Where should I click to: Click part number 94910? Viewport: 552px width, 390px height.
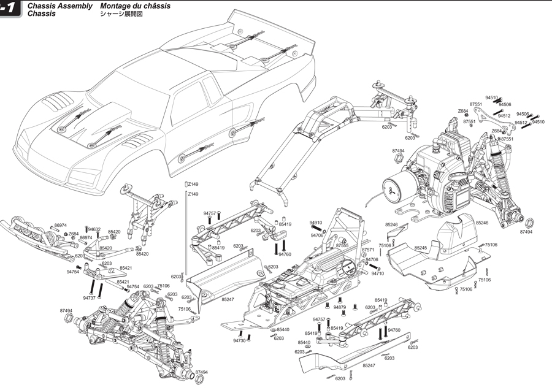click(x=316, y=223)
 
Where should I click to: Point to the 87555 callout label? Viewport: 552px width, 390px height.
click(x=342, y=245)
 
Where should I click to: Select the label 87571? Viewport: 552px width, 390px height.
click(x=368, y=250)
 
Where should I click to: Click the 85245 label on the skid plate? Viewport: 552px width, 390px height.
click(x=420, y=248)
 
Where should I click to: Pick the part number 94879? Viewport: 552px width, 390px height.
click(x=340, y=307)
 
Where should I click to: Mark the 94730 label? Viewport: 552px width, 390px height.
click(x=239, y=340)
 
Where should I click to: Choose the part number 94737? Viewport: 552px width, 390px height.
click(x=90, y=297)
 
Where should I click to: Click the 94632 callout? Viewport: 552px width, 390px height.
click(x=94, y=229)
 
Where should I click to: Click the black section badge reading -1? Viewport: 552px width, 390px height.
click(x=10, y=9)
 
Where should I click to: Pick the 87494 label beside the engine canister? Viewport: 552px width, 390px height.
click(x=397, y=151)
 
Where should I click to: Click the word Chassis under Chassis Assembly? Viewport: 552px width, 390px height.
click(x=41, y=13)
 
